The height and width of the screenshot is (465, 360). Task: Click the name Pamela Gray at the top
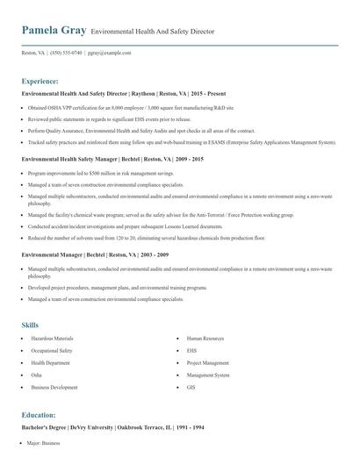[x=54, y=30]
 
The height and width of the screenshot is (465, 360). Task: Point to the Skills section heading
[x=30, y=325]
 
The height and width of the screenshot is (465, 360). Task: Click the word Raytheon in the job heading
[x=147, y=92]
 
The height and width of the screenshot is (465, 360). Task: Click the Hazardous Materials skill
[x=52, y=338]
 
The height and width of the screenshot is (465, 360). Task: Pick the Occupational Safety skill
[x=53, y=350]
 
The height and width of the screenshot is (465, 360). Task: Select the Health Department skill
[x=51, y=361]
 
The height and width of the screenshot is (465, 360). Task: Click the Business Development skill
[x=54, y=386]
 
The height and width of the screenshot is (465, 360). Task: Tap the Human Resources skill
[x=207, y=338]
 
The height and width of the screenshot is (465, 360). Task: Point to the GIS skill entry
[x=191, y=386]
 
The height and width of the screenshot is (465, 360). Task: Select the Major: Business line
[x=43, y=444]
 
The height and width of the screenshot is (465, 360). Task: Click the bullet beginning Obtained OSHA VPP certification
[x=132, y=107]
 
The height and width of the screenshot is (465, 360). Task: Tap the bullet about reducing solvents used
[x=133, y=238]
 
